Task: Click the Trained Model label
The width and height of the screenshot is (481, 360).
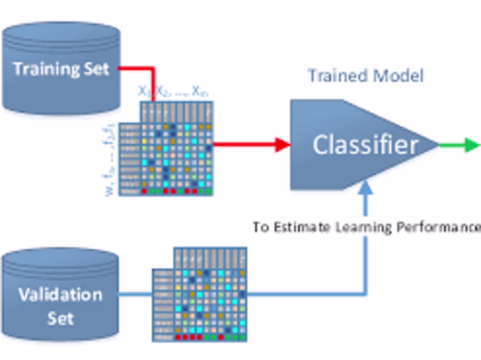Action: click(x=366, y=76)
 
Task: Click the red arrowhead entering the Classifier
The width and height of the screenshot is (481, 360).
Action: click(x=282, y=145)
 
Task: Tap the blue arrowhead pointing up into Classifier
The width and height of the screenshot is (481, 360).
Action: click(x=366, y=187)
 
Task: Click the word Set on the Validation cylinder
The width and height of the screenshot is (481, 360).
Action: click(x=60, y=318)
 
